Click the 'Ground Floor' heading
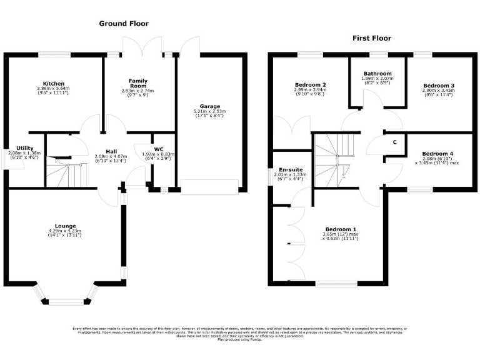(x=124, y=24)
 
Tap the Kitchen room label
(x=54, y=84)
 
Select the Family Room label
(x=138, y=83)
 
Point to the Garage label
(x=209, y=106)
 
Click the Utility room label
(x=25, y=148)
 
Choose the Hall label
(x=111, y=151)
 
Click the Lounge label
(x=65, y=226)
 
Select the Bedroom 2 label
(x=311, y=84)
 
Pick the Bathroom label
(x=377, y=73)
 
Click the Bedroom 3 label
(x=438, y=86)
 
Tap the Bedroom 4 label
(x=437, y=154)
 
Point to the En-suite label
(x=291, y=169)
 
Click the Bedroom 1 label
(x=341, y=229)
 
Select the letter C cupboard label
(x=394, y=142)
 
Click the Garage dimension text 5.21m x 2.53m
(x=209, y=111)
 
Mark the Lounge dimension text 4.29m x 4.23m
(x=65, y=231)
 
